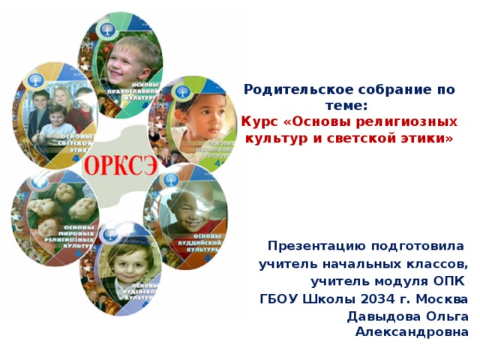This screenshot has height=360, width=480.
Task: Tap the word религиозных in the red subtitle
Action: (x=418, y=121)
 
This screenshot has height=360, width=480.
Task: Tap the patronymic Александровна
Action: (x=413, y=331)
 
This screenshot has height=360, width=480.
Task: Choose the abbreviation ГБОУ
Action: (x=279, y=300)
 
